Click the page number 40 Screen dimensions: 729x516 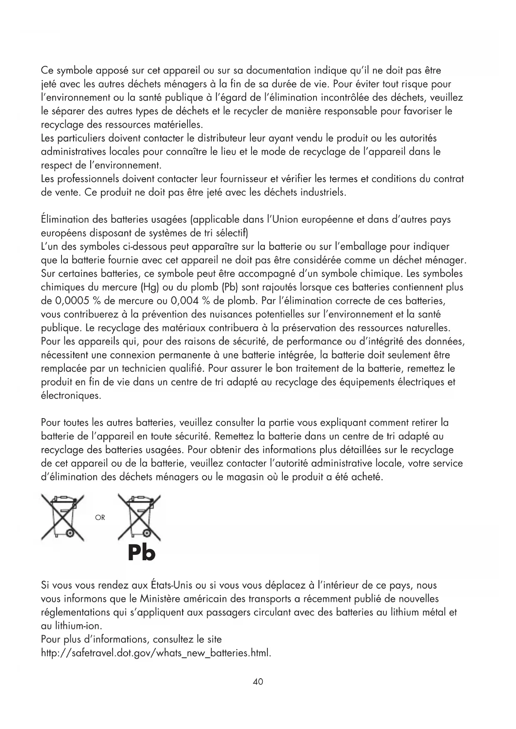click(258, 682)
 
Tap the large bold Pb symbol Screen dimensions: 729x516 click(141, 553)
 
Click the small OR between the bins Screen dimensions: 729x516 click(100, 518)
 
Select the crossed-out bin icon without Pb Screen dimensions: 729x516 click(62, 518)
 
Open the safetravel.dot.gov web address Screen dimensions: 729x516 click(156, 653)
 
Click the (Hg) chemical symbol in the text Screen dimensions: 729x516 click(150, 288)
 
